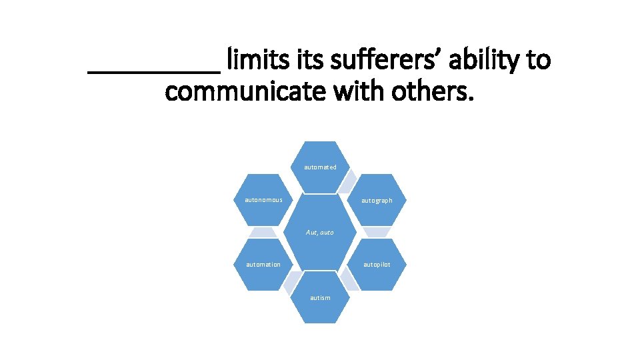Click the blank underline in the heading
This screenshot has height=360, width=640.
(x=154, y=67)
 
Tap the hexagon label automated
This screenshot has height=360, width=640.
(x=320, y=167)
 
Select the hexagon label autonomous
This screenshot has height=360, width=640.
(x=263, y=200)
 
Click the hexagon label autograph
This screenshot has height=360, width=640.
(x=377, y=201)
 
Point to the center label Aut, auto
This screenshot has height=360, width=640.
(x=320, y=233)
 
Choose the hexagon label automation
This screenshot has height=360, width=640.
(x=263, y=265)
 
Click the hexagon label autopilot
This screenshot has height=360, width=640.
(x=377, y=265)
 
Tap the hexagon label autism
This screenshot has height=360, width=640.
(x=320, y=297)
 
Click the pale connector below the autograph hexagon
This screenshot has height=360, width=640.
(x=377, y=232)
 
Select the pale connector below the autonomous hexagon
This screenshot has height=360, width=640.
(x=263, y=232)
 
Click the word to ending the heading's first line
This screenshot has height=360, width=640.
(x=539, y=60)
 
